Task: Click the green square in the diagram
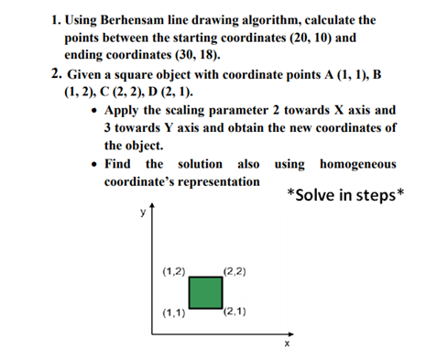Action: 206,292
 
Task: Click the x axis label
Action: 287,344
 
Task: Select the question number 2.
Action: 57,74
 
